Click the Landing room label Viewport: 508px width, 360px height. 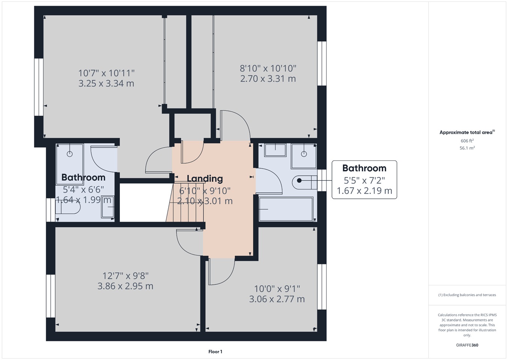point(205,179)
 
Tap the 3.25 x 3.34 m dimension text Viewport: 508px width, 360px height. point(106,84)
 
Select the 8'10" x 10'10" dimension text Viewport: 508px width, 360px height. point(268,68)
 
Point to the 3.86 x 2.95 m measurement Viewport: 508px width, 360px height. point(126,286)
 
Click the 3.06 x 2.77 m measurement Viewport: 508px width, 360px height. point(277,299)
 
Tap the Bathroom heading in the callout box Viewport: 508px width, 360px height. point(364,168)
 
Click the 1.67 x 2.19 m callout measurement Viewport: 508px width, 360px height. point(364,190)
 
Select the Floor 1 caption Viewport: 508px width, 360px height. point(215,352)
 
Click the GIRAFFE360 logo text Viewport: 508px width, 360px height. point(467,345)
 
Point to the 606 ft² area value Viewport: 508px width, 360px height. point(467,141)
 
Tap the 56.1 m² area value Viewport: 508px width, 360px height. point(467,148)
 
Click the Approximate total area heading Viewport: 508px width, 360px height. point(467,132)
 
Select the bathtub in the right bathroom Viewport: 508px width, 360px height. point(286,209)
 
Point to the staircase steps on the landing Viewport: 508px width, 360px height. point(185,202)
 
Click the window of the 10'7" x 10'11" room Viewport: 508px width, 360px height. point(39,87)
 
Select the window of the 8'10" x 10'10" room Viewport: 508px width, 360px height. point(322,63)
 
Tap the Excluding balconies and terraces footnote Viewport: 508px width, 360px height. point(467,295)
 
